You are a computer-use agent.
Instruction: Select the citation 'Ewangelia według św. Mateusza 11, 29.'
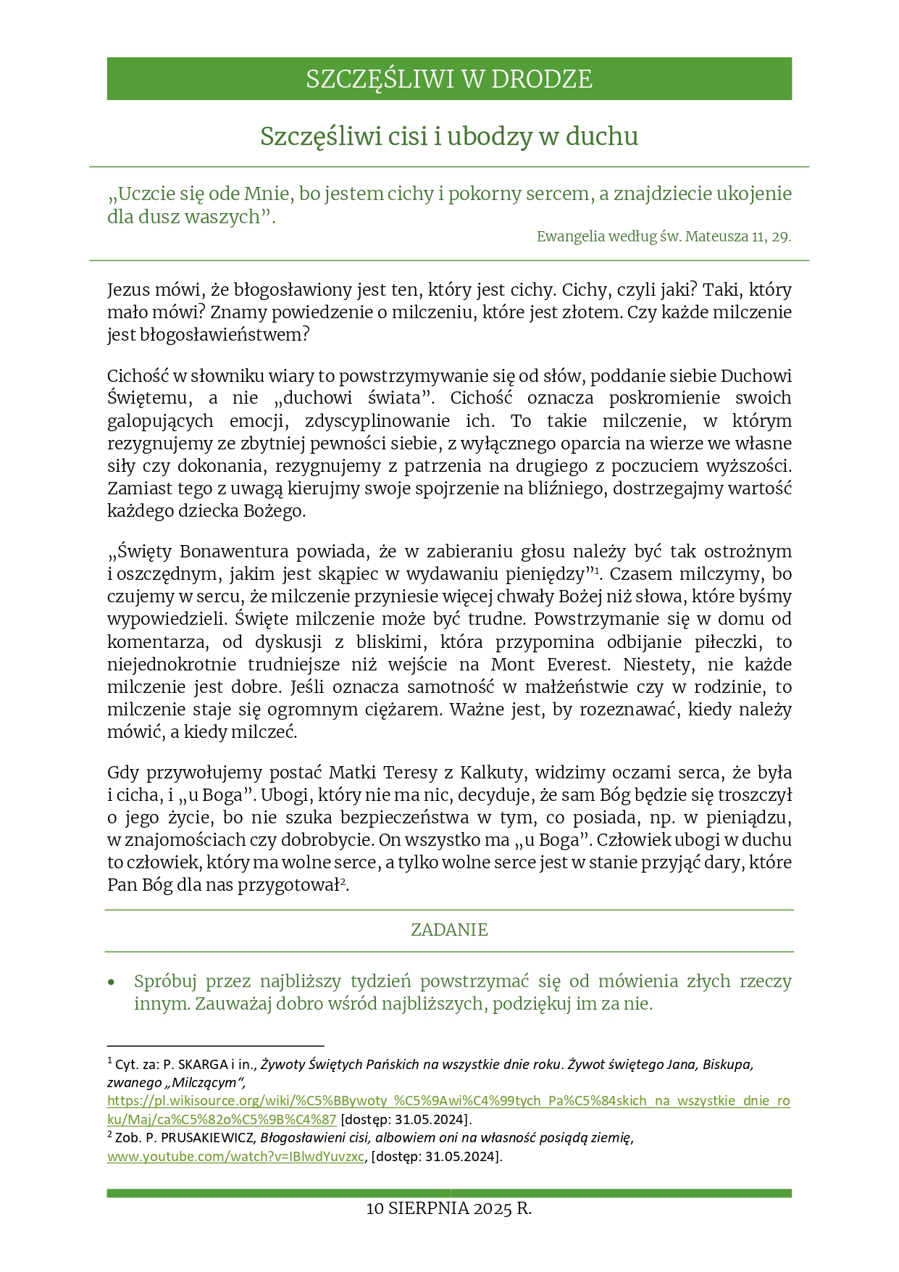tap(664, 236)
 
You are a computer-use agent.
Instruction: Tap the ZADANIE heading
tap(449, 930)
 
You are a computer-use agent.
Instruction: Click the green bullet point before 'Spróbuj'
tap(111, 983)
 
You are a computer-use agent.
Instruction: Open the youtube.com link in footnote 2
tap(235, 1156)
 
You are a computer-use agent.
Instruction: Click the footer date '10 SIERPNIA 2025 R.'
tap(449, 1209)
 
